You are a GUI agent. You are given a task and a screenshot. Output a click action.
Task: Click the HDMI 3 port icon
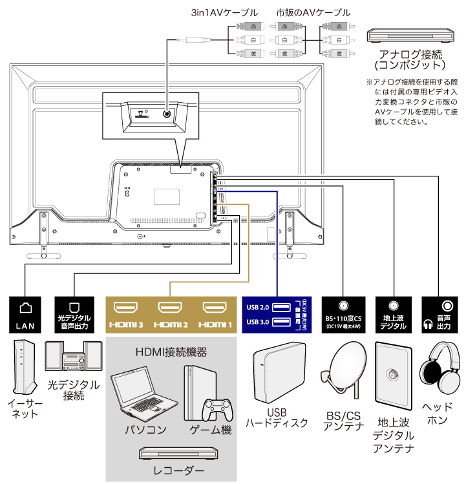pos(126,308)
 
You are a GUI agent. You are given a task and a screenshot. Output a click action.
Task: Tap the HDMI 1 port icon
pos(213,308)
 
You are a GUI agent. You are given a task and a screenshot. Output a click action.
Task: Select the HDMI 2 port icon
pos(170,308)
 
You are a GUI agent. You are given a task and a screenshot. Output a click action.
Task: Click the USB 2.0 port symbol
pos(281,307)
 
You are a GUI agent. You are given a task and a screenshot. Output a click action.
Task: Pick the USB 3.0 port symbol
pos(281,322)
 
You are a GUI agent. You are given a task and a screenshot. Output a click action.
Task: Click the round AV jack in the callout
pos(168,113)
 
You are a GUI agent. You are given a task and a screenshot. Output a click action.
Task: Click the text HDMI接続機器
pos(171,353)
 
